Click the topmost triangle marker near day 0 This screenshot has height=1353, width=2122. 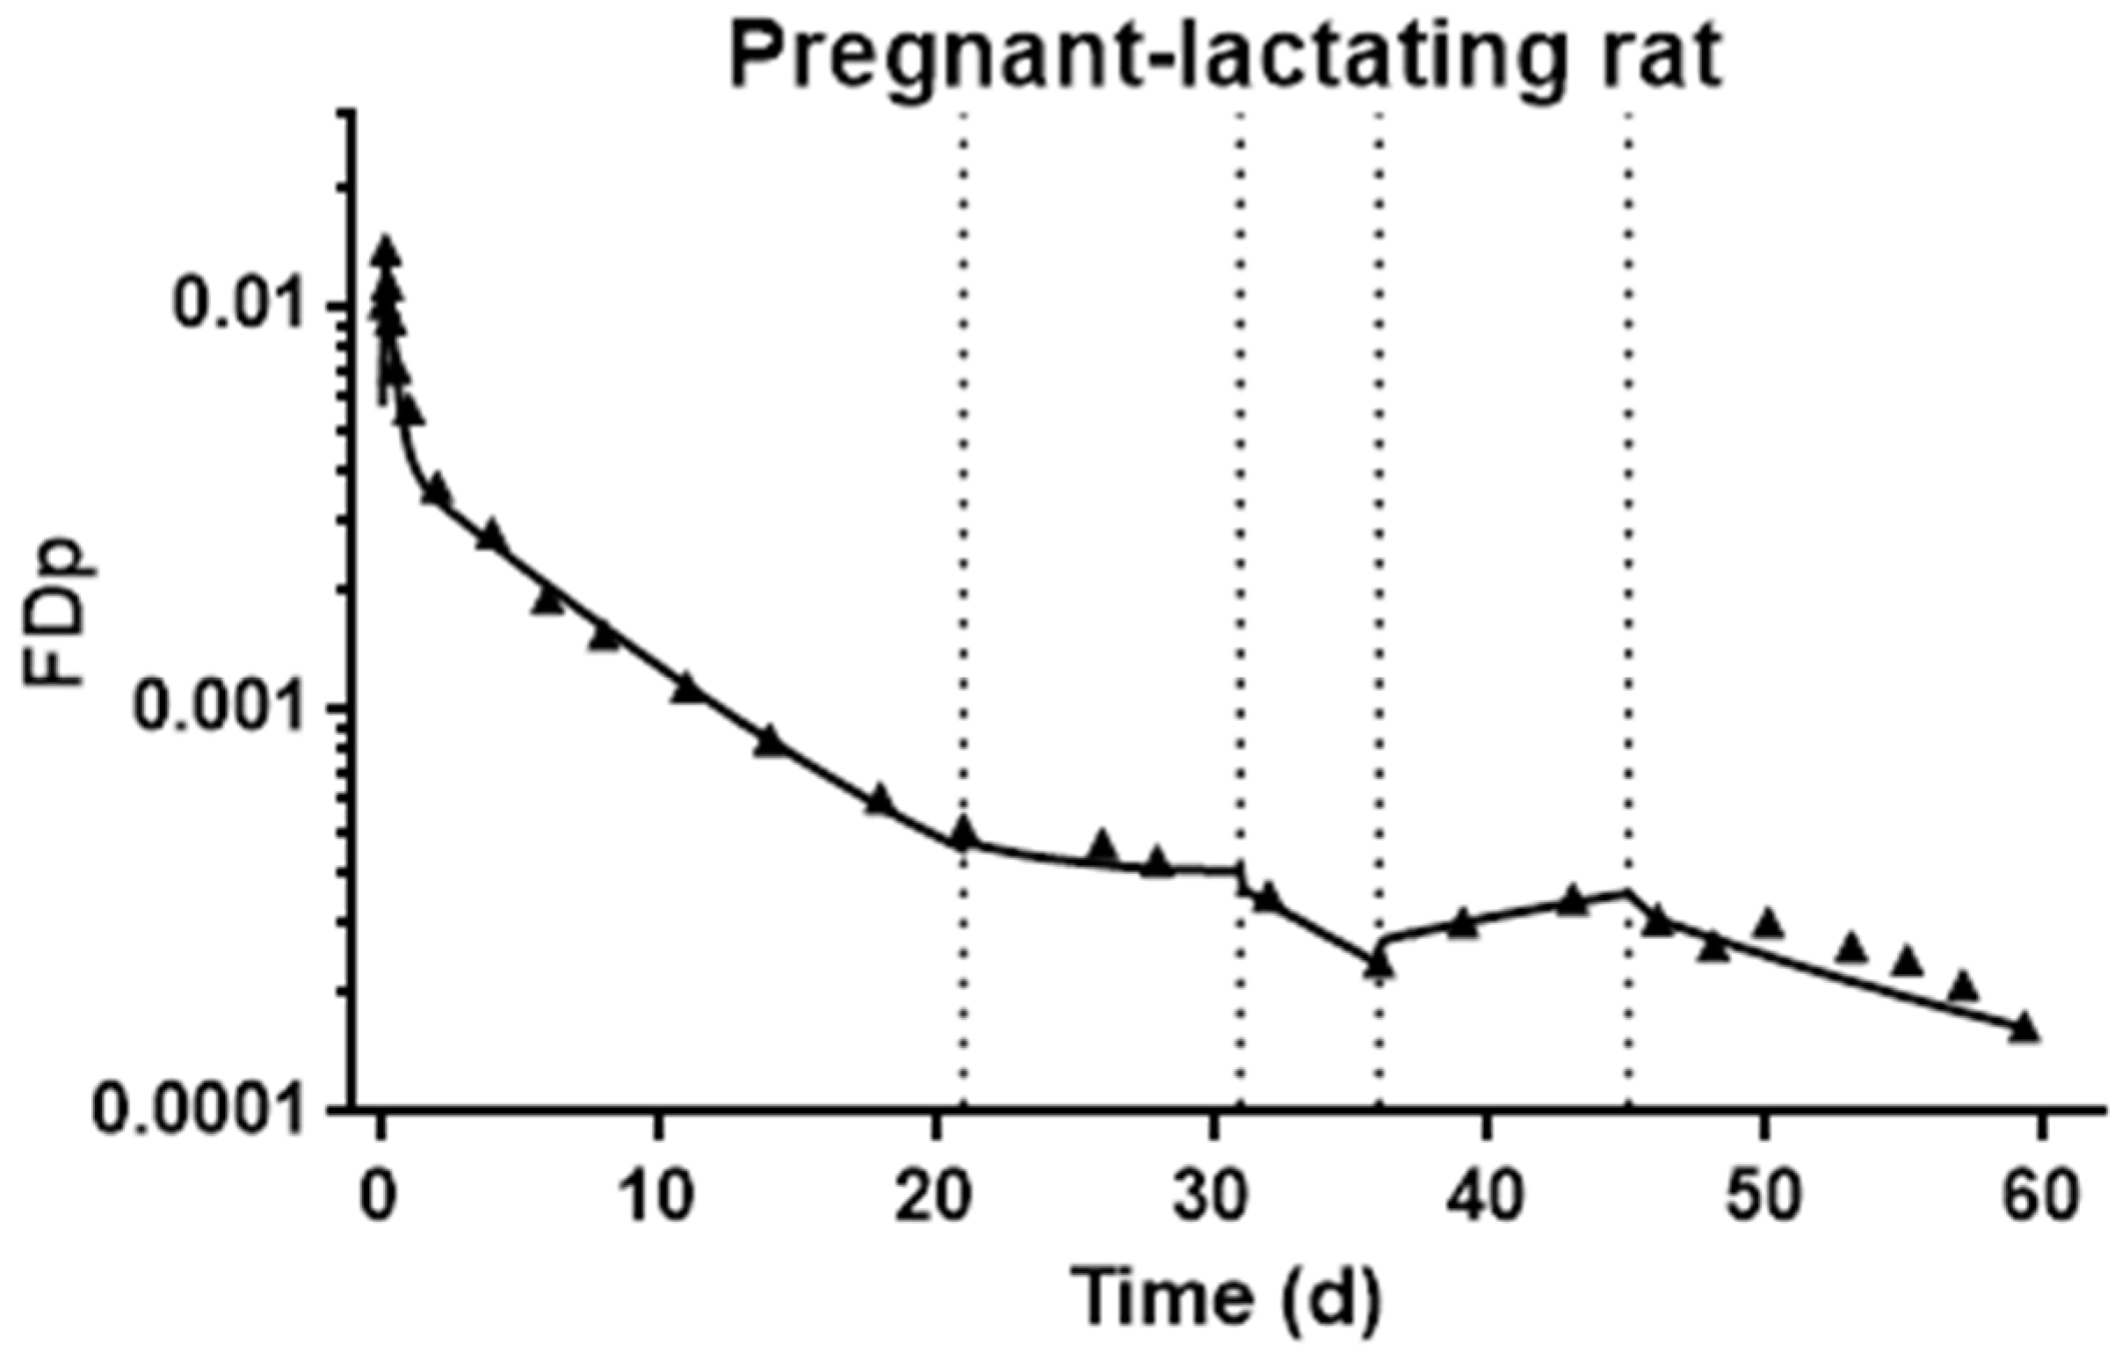pyautogui.click(x=386, y=251)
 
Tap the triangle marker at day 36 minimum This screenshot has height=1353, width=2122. pyautogui.click(x=1380, y=965)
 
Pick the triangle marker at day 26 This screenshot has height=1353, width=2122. pyautogui.click(x=1102, y=847)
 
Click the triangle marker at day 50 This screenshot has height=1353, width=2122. pyautogui.click(x=1768, y=925)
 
